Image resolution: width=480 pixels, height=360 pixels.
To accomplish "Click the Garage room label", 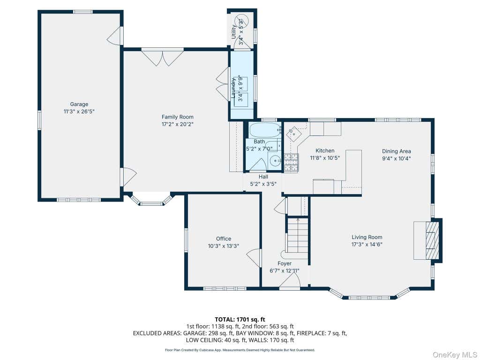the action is (x=79, y=104).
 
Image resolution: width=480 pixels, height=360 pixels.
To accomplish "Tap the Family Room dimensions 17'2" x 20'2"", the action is (x=178, y=124).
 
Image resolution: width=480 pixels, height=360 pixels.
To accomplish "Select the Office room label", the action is (x=224, y=239).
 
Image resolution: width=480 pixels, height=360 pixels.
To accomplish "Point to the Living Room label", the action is (x=367, y=237).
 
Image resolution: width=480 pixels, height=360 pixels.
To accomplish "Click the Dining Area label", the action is (x=396, y=151).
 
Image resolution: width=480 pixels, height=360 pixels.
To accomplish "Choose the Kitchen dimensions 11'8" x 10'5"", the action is (x=325, y=158).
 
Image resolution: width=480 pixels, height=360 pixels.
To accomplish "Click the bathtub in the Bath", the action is (x=265, y=131).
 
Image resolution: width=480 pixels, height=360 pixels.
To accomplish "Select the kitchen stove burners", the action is (x=291, y=162).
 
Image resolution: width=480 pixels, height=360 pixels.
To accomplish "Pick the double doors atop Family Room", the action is (x=163, y=57).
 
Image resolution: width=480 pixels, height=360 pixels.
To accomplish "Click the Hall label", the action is (x=263, y=177).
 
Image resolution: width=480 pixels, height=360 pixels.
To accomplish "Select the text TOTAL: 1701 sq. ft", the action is (x=240, y=320).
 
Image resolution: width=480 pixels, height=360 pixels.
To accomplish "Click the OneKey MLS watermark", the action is (x=455, y=355).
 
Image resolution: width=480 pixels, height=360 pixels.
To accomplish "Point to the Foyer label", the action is (x=285, y=263).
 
